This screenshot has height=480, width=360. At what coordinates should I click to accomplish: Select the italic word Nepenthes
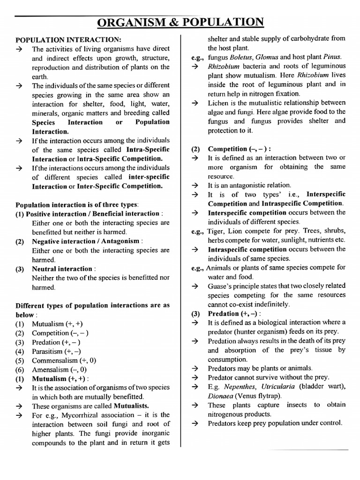click(240, 387)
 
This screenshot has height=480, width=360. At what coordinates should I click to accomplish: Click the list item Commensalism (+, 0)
click(64, 360)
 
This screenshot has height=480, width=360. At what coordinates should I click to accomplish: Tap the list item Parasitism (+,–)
click(56, 351)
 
